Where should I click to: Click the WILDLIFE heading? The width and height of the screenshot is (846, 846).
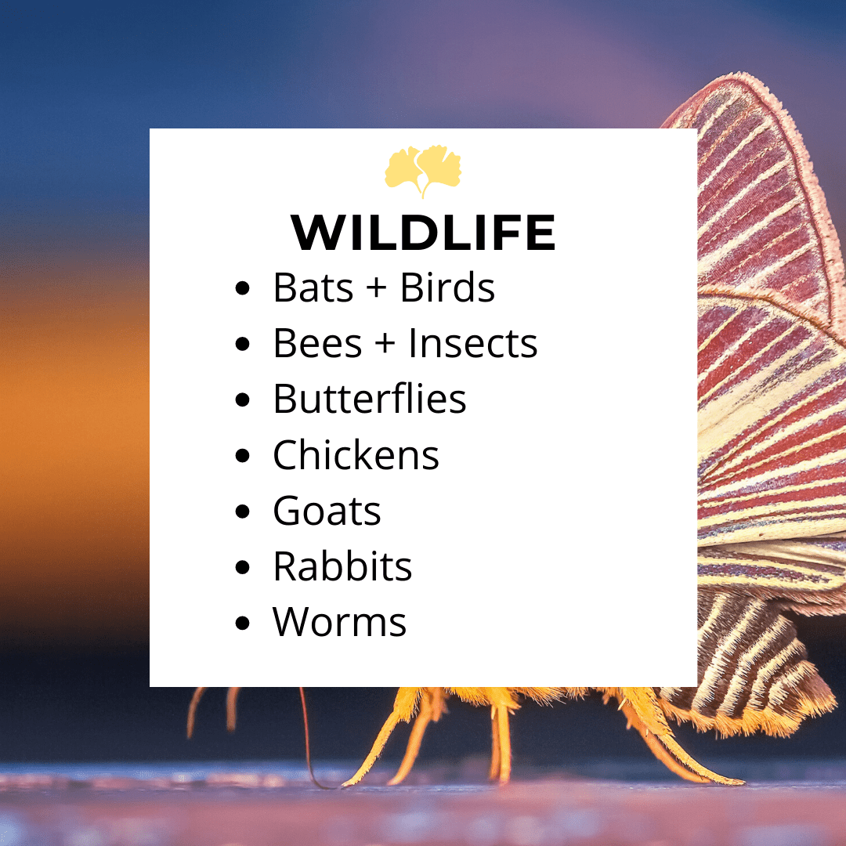423,233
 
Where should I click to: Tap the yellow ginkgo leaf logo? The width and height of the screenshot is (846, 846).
423,171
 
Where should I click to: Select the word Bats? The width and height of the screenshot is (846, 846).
313,287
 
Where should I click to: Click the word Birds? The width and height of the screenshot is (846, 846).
447,287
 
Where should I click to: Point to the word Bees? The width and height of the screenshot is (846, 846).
318,343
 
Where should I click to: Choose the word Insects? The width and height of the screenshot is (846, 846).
473,343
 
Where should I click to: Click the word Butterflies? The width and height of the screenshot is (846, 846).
370,399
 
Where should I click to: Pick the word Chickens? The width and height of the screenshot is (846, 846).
356,455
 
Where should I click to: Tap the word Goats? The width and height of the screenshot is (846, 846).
327,511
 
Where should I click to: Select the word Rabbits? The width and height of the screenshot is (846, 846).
342,566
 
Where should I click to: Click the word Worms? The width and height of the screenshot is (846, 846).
339,622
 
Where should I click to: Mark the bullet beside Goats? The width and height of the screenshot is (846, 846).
243,511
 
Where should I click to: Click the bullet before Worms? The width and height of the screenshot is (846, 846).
243,623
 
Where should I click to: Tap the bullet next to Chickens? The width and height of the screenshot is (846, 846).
243,455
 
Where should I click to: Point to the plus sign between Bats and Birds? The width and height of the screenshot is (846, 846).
377,287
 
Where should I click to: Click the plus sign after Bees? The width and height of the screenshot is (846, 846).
385,343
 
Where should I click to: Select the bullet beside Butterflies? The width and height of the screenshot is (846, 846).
243,399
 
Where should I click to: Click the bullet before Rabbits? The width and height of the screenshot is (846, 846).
243,566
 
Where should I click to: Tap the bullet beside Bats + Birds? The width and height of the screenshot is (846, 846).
243,287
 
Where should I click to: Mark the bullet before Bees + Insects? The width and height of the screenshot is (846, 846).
243,343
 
